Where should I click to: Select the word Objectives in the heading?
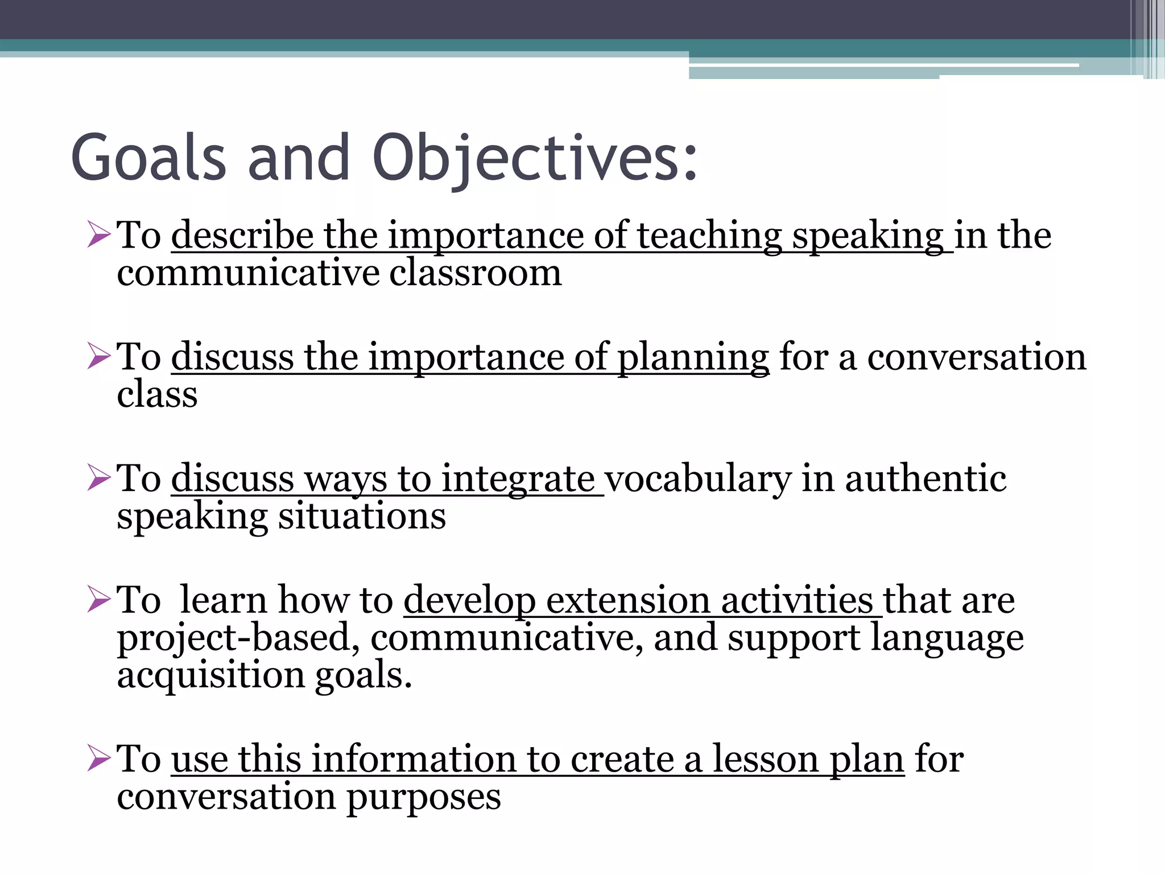pos(535,158)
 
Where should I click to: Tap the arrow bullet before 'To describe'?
pos(98,235)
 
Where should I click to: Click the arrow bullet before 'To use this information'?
pos(98,759)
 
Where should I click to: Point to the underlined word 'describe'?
pos(242,235)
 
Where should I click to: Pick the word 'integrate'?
pos(518,479)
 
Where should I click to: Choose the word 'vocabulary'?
pos(697,479)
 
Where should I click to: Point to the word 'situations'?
pos(362,516)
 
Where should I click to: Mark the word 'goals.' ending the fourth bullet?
pos(363,676)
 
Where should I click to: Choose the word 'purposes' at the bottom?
pos(424,797)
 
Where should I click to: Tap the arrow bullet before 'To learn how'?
pos(98,600)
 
